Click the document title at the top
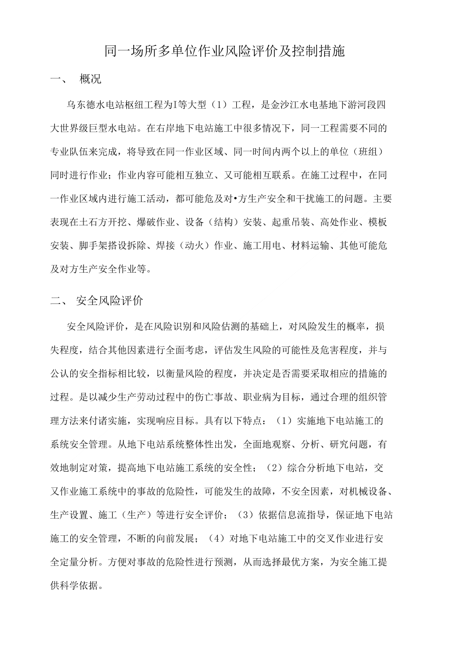[225, 52]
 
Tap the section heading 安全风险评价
[109, 301]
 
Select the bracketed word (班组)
[370, 151]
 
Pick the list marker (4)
[216, 538]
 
